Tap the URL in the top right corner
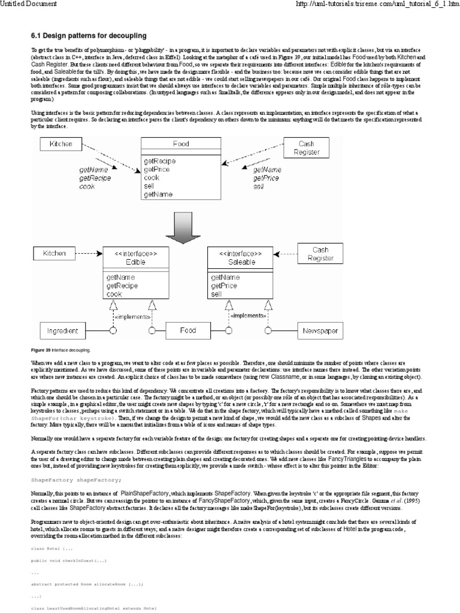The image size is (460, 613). [x=378, y=4]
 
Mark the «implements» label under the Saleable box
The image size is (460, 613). [x=249, y=315]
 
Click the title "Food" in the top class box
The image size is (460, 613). [x=181, y=144]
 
